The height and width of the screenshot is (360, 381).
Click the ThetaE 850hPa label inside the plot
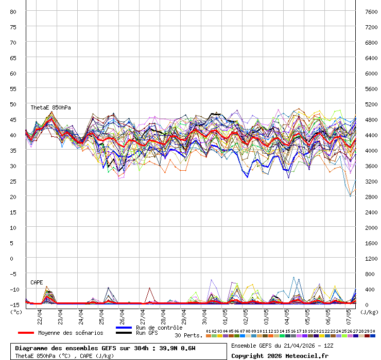point(50,107)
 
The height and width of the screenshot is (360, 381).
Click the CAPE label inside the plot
point(37,282)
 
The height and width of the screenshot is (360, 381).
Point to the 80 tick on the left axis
point(13,11)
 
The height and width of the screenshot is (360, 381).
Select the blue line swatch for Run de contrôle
point(124,328)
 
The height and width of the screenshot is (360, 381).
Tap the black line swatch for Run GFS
point(124,333)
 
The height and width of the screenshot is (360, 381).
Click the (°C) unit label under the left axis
point(16,312)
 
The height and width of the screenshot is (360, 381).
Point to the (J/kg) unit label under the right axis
point(369,312)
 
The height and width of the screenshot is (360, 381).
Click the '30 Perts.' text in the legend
point(188,335)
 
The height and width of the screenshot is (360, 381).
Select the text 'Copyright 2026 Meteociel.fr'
point(280,355)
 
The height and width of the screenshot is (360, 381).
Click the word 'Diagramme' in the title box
point(33,348)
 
